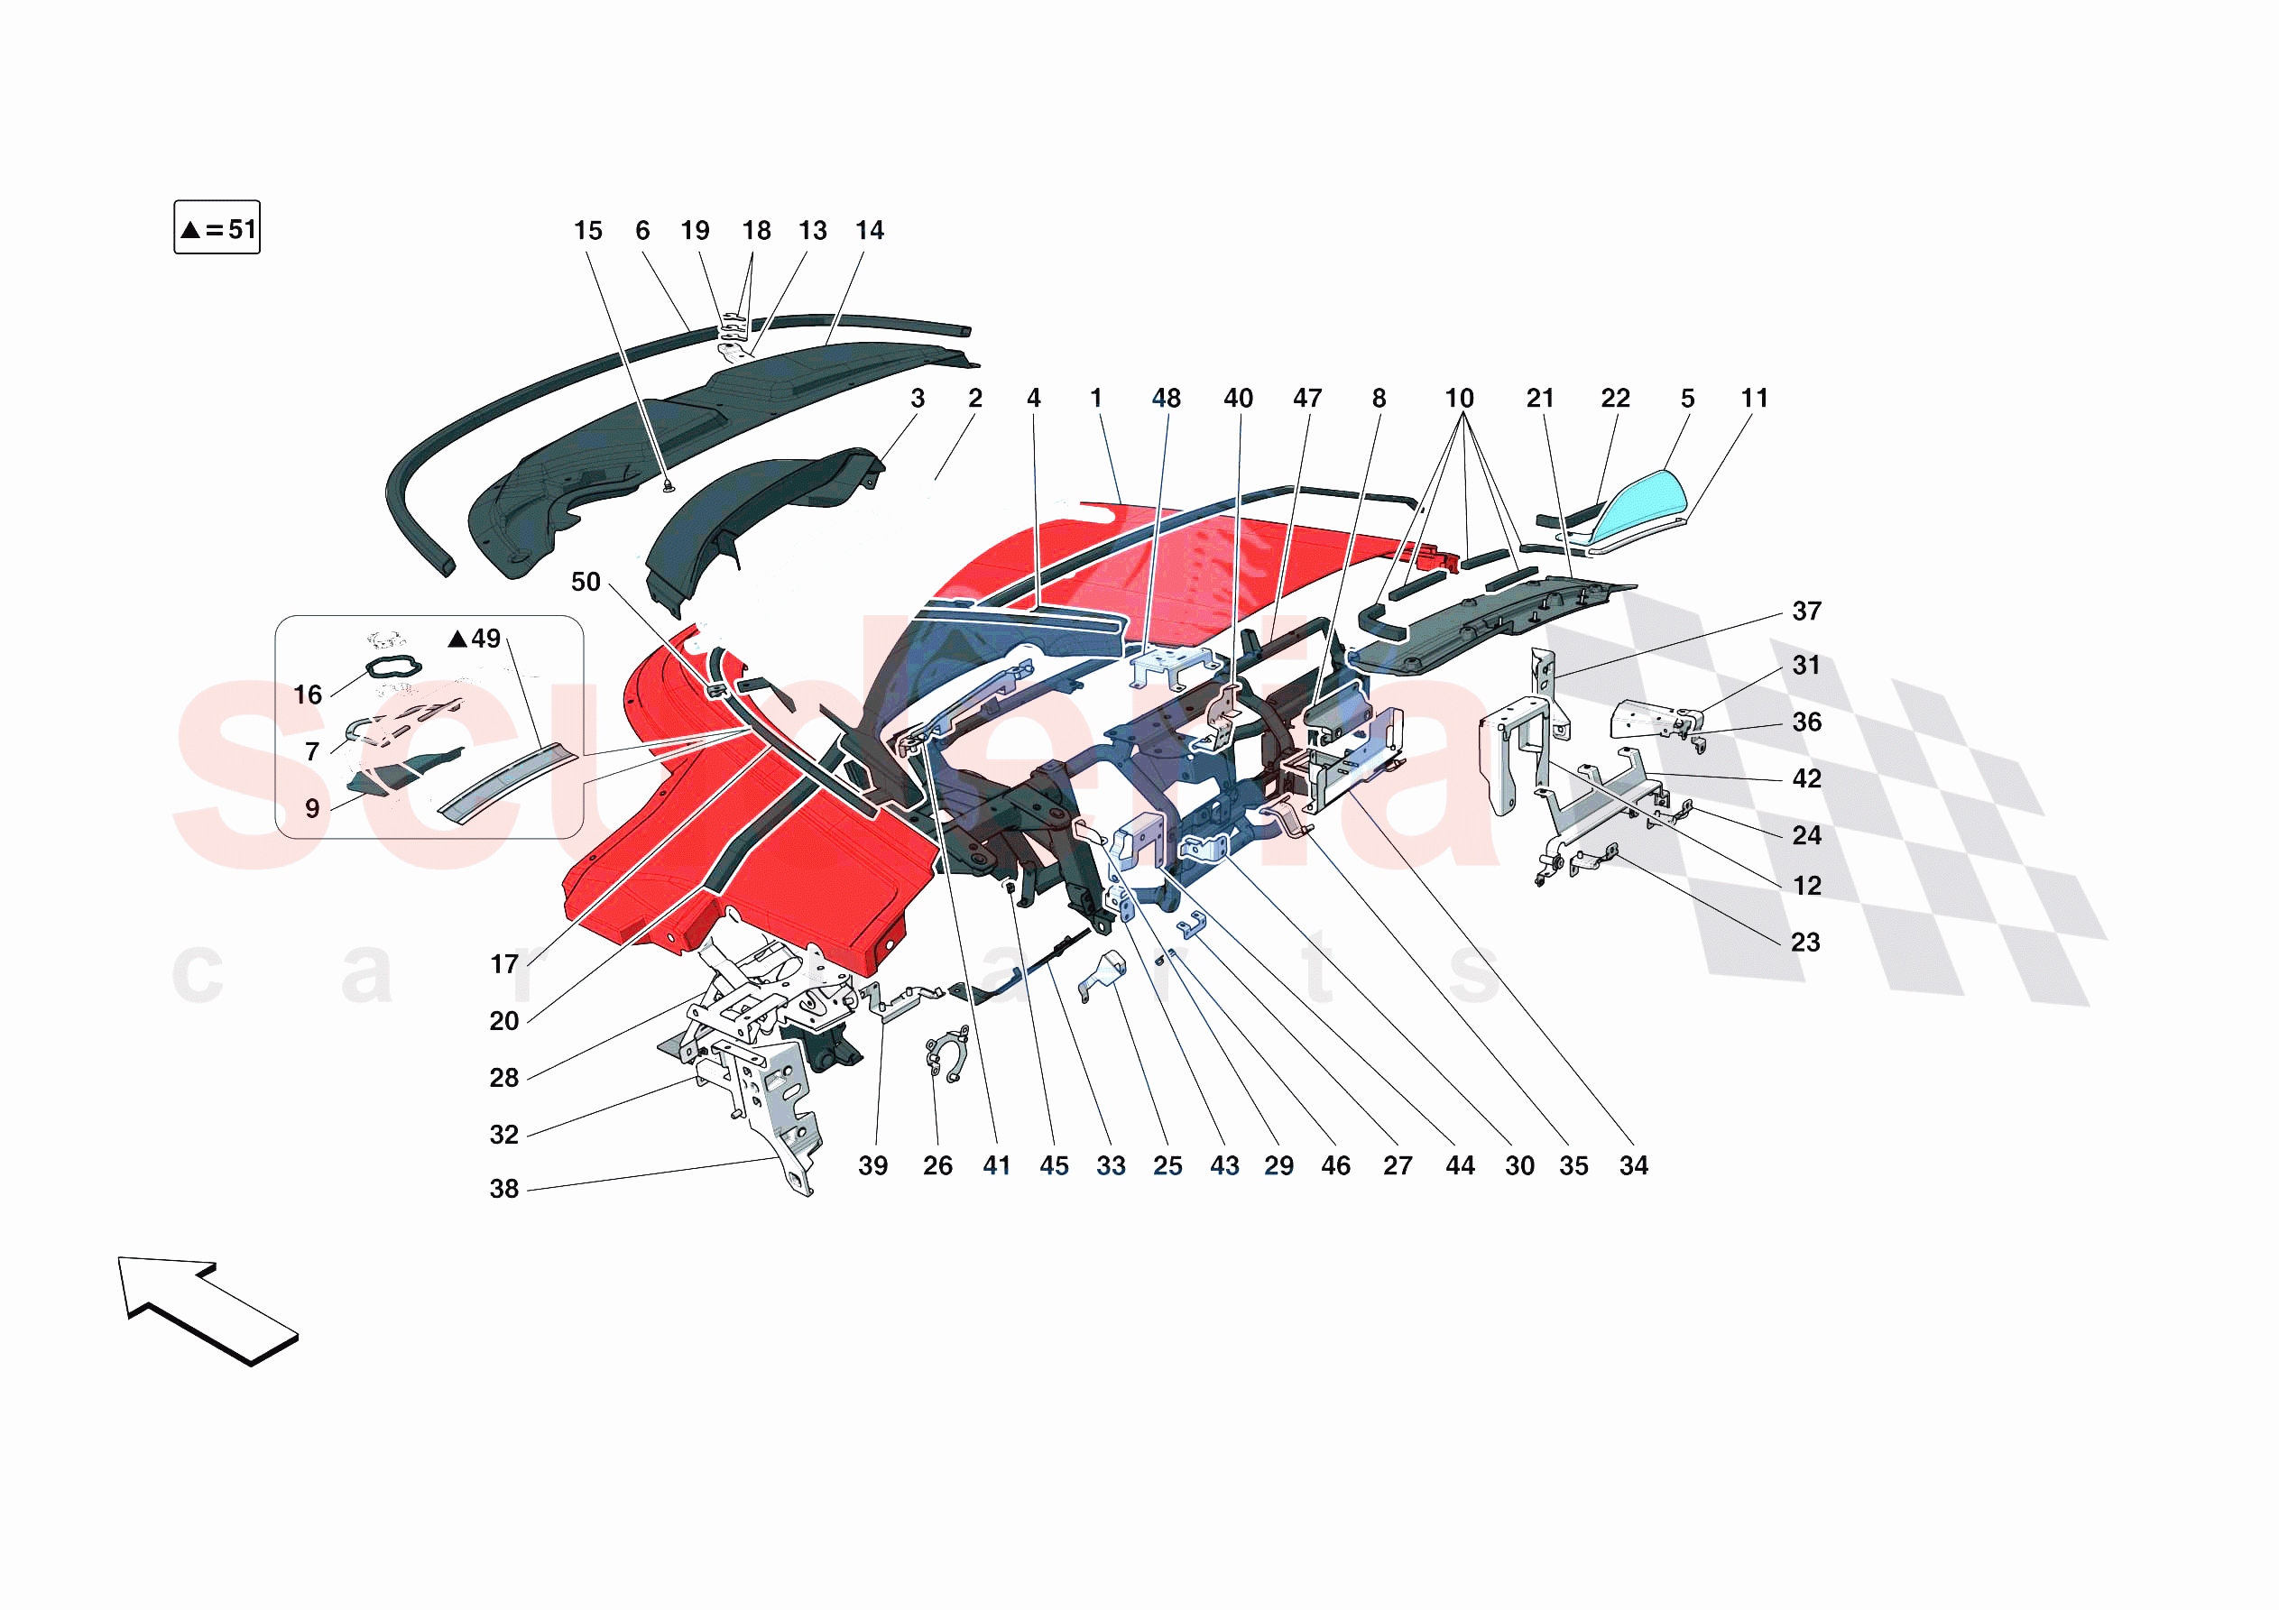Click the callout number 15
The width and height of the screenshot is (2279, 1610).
click(587, 231)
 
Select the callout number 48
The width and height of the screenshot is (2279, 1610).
click(1166, 399)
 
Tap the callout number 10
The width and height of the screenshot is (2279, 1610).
click(1458, 399)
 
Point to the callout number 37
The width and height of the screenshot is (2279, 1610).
click(1805, 612)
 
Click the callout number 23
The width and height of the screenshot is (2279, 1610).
click(1804, 943)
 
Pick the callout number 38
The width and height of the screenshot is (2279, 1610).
click(504, 1189)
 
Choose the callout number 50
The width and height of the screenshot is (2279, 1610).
click(586, 583)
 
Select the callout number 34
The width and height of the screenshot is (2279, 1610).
click(1633, 1166)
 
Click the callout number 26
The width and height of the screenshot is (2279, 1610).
click(937, 1166)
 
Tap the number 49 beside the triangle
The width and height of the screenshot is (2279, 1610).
click(485, 639)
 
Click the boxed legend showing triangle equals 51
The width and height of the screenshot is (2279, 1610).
click(217, 228)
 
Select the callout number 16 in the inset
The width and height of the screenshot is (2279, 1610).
click(308, 695)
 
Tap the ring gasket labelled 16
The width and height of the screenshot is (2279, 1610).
click(394, 667)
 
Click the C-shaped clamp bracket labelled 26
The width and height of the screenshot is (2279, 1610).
click(946, 1055)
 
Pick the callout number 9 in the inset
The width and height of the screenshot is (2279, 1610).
click(311, 809)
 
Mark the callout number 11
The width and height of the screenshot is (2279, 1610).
click(1754, 399)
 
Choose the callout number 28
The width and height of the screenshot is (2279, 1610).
click(504, 1078)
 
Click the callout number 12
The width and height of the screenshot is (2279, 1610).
click(1806, 887)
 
